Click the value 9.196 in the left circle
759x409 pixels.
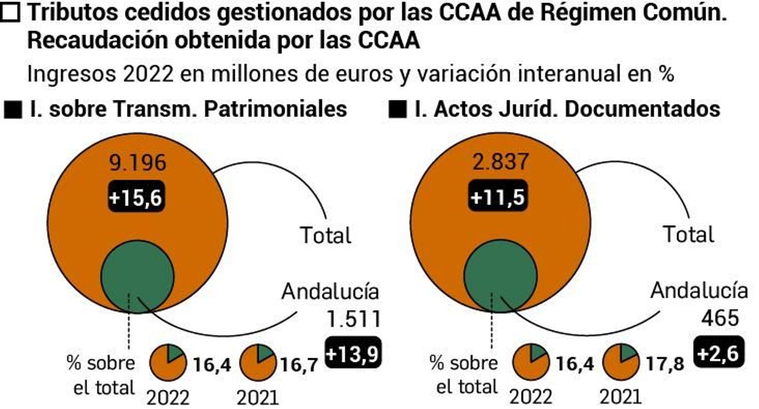(x=138, y=163)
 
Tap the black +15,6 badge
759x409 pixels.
(x=136, y=196)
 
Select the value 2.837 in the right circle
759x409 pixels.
(x=500, y=162)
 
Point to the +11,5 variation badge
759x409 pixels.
(x=498, y=196)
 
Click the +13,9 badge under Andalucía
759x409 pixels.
(x=353, y=354)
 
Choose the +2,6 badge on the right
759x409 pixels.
(x=719, y=353)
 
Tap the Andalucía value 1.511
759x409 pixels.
(x=354, y=319)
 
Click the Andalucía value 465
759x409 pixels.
(x=720, y=318)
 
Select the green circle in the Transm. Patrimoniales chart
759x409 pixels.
(x=138, y=276)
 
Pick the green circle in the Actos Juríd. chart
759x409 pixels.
(x=500, y=276)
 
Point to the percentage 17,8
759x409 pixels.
(x=665, y=364)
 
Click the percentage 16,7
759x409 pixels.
(x=299, y=364)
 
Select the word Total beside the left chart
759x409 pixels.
(x=325, y=235)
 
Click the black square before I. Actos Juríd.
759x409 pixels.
(x=397, y=109)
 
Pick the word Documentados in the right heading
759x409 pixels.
(x=642, y=109)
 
